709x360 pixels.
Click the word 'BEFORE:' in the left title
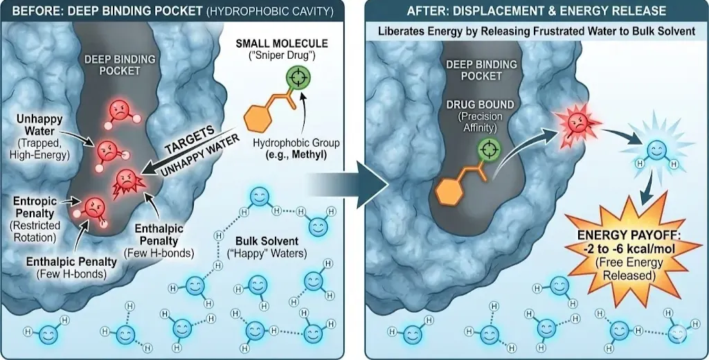point(35,10)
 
